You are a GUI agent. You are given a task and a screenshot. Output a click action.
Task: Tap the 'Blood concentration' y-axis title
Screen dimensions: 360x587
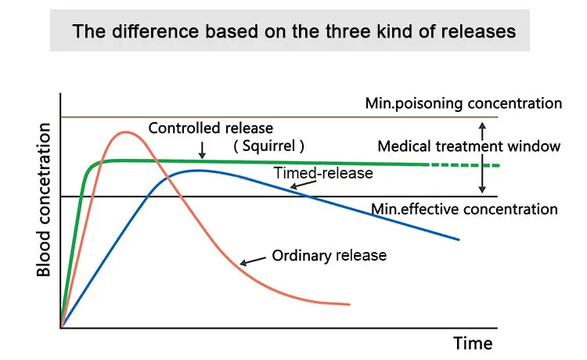[x=45, y=199]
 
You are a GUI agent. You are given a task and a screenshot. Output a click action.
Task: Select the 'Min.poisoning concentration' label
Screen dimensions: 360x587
[x=463, y=103]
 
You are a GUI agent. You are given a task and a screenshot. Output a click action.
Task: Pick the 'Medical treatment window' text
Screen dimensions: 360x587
[x=469, y=146]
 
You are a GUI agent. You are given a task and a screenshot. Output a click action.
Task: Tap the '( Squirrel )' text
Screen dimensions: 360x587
[x=268, y=146]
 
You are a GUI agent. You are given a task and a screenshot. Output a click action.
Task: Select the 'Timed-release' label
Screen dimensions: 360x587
[x=322, y=173]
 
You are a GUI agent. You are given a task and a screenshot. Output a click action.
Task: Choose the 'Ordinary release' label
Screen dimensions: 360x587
[x=329, y=255]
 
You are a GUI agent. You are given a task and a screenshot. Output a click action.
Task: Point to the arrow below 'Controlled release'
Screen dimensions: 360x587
[x=202, y=149]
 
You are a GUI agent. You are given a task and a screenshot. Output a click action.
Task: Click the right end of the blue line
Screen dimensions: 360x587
[x=458, y=239]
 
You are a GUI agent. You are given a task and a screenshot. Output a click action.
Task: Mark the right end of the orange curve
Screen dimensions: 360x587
[x=349, y=304]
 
